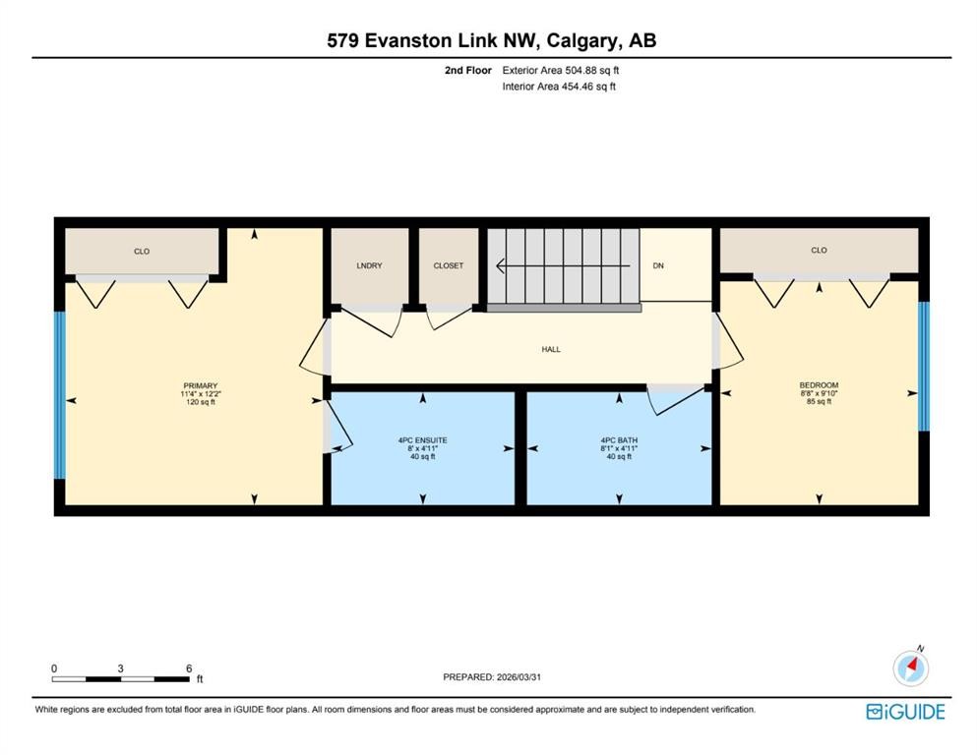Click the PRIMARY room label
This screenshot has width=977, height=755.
coord(200,385)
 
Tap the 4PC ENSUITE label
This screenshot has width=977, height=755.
coord(423,439)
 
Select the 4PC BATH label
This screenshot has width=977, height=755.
coord(620,439)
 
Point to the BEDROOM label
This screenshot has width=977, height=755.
coord(819,385)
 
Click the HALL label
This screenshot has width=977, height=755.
coord(551,349)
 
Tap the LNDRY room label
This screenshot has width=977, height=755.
coord(369,265)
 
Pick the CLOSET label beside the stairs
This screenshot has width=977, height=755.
coord(449,265)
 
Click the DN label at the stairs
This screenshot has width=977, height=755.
coord(658,265)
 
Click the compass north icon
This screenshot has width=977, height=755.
coord(911,668)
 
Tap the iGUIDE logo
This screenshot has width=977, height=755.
coord(905,712)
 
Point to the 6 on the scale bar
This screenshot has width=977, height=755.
coord(188,668)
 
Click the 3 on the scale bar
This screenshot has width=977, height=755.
coord(120,668)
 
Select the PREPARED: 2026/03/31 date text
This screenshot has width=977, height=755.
coord(493,677)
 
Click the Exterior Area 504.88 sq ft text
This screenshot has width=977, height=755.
coord(560,70)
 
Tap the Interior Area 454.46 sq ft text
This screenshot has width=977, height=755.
coord(559,87)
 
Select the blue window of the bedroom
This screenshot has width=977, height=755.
coord(923,366)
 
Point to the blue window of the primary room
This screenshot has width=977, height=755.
coord(60,394)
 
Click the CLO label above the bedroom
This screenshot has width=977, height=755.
coord(819,250)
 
